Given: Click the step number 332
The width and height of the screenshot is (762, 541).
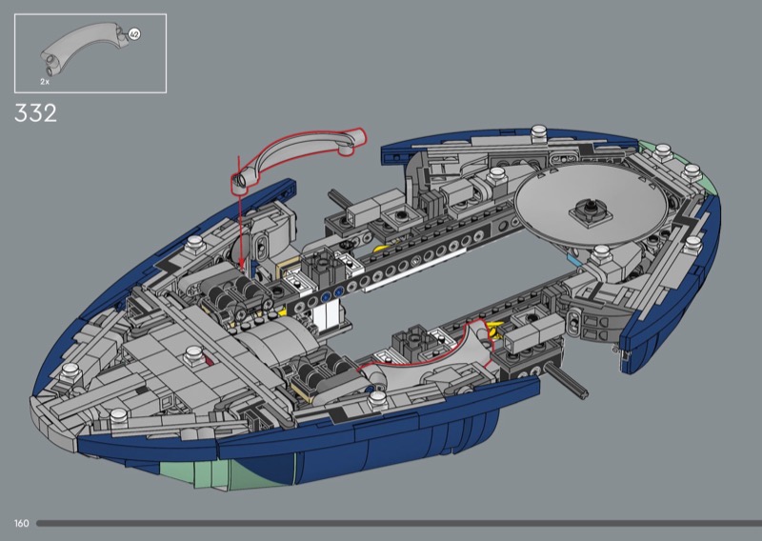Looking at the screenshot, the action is coord(35,112).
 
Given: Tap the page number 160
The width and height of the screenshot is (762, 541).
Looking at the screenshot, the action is coord(21,523).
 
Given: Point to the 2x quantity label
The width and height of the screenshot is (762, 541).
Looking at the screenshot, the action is coord(45,82).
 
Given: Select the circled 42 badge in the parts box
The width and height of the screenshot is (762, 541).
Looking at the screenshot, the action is coord(134,34).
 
